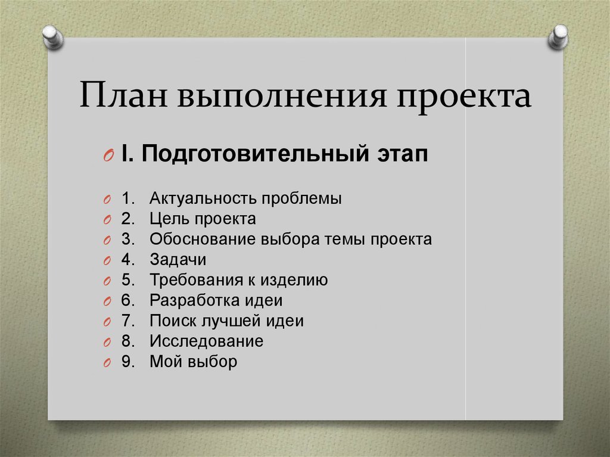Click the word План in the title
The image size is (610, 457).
[123, 95]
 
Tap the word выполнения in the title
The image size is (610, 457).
[282, 96]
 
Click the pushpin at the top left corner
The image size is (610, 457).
[52, 38]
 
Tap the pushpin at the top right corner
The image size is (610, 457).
[558, 36]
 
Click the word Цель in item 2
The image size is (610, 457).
[170, 219]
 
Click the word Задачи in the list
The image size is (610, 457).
[178, 260]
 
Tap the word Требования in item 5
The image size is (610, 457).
[195, 280]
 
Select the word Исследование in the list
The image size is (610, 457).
[207, 341]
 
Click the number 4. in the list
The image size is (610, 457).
[128, 260]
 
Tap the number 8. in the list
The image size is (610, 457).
[128, 341]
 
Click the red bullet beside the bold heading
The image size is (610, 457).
[108, 156]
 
